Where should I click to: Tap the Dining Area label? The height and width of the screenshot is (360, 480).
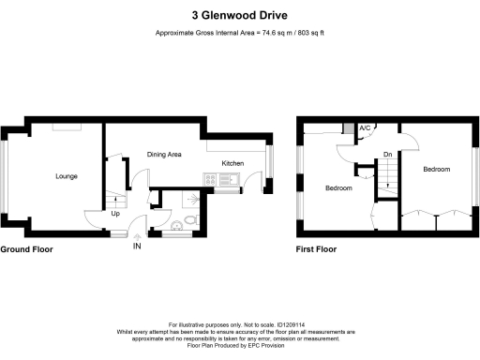[x=163, y=154]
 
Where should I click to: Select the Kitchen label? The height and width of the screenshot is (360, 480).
[x=232, y=163]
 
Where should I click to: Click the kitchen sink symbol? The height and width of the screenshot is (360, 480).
[x=232, y=177]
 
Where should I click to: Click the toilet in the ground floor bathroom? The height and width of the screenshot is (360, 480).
[x=190, y=217]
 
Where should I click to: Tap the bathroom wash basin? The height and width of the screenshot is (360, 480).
[x=177, y=226]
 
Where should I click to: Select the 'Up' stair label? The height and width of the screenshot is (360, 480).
[x=115, y=214]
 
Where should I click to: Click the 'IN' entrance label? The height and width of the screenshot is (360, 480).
[x=137, y=247]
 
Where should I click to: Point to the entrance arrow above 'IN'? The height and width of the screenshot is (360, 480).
[x=137, y=236]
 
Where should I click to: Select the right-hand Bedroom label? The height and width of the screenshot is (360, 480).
[x=436, y=170]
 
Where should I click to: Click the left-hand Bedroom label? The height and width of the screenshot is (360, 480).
[x=338, y=188]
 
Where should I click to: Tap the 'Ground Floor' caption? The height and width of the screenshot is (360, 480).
[x=26, y=250]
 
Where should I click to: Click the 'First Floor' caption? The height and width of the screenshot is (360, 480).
[x=316, y=250]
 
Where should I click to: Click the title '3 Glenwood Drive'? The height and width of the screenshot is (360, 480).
[x=239, y=15]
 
